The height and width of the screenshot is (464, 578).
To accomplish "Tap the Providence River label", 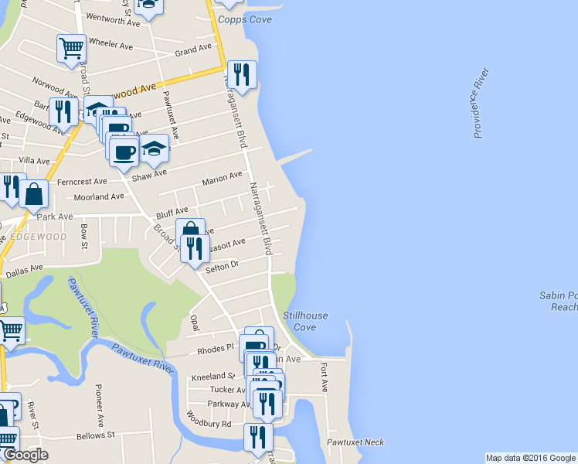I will click(481, 104).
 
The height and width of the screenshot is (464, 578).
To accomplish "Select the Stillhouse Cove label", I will click(305, 322).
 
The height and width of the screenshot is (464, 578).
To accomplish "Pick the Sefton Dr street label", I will click(223, 267).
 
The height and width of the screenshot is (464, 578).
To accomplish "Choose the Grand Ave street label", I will click(193, 50).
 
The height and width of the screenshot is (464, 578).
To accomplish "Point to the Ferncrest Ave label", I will click(82, 182).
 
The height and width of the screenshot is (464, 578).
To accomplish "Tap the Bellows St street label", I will click(95, 436).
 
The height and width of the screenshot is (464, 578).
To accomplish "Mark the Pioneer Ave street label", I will click(100, 404).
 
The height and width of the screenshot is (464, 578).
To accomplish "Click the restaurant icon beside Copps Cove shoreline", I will click(243, 74).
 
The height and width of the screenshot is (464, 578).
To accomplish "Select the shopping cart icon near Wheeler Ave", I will click(71, 48).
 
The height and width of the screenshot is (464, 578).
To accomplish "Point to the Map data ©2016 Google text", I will click(530, 457).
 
